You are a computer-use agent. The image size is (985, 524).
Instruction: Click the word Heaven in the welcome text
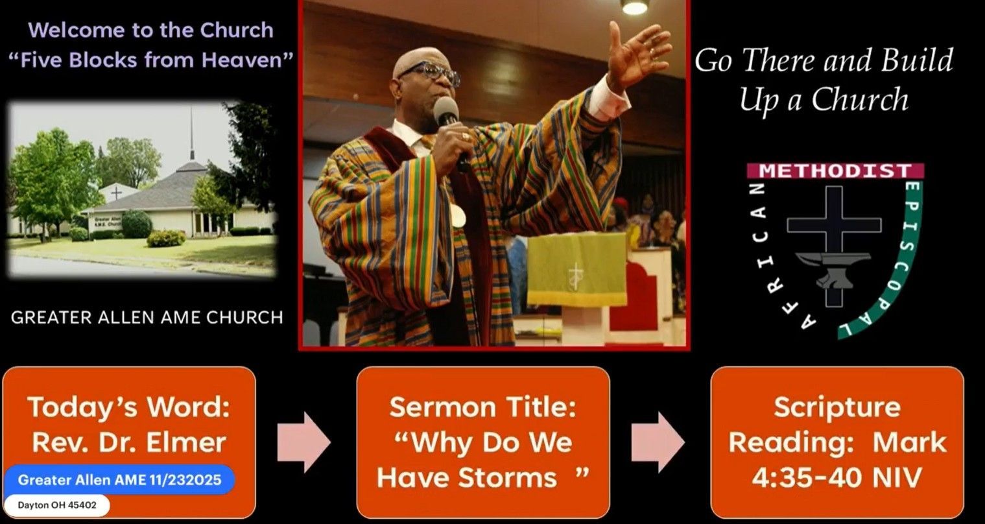(x=241, y=60)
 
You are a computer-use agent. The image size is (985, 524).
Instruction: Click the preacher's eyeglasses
(x=432, y=73)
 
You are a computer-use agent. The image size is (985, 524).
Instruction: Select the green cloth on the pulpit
(x=577, y=269)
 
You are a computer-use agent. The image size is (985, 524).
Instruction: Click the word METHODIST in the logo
(x=835, y=171)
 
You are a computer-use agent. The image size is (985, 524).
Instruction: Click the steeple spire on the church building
(x=192, y=134)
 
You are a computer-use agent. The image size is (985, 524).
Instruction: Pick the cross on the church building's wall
(x=116, y=193)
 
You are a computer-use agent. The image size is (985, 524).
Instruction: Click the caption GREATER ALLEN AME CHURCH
(x=147, y=317)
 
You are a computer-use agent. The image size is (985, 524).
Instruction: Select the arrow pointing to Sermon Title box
(x=303, y=442)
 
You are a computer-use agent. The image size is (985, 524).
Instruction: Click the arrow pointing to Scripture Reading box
(x=658, y=442)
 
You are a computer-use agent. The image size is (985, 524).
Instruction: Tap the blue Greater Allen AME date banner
(x=119, y=480)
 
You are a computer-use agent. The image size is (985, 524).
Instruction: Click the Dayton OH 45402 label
(x=56, y=505)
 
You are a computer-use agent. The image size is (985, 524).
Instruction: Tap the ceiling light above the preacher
(x=635, y=6)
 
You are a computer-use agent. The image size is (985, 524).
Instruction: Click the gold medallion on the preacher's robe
(x=457, y=216)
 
